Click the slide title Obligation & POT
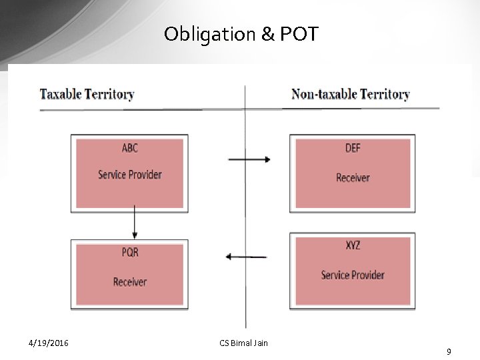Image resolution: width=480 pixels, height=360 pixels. tap(241, 34)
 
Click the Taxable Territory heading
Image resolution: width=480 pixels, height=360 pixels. tap(87, 94)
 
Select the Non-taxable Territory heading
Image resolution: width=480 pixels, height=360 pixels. tap(350, 94)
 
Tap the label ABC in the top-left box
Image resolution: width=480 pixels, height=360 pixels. tap(130, 148)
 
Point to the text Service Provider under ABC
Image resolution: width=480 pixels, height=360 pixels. tap(130, 175)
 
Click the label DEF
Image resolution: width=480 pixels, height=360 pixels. tap(353, 148)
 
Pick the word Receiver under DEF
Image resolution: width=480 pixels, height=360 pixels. tap(353, 177)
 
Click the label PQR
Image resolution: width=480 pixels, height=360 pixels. tap(130, 253)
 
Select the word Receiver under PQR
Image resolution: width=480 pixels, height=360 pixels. tap(130, 282)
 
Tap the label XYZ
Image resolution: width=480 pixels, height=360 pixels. tap(353, 245)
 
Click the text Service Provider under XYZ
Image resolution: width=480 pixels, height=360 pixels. tap(353, 275)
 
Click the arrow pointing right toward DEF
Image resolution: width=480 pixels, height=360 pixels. tap(249, 159)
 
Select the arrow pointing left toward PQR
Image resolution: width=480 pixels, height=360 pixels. tap(246, 257)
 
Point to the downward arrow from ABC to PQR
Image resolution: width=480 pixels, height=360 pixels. tap(135, 222)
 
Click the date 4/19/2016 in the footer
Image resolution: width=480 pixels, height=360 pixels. tap(48, 343)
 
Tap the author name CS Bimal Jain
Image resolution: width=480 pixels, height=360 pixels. tap(243, 343)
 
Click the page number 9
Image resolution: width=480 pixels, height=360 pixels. tap(449, 351)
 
